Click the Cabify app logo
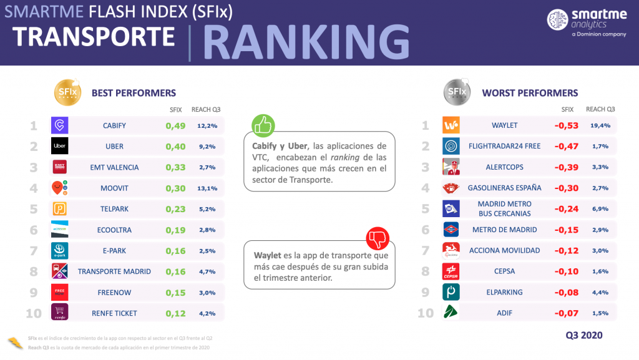click(x=60, y=125)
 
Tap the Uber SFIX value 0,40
click(x=176, y=147)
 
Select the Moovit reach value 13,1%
click(x=207, y=188)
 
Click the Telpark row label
click(x=114, y=210)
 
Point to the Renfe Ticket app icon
click(x=60, y=313)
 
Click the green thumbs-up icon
click(x=263, y=125)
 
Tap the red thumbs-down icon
click(x=378, y=238)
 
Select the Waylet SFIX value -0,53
click(x=567, y=125)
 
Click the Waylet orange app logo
click(x=451, y=125)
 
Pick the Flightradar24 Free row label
click(x=504, y=146)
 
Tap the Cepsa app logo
click(x=451, y=271)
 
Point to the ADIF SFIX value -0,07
click(x=567, y=313)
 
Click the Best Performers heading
click(x=134, y=93)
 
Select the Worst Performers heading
click(x=530, y=93)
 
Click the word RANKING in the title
click(x=306, y=42)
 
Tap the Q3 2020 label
click(x=583, y=335)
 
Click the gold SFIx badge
click(x=67, y=92)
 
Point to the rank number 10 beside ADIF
click(x=425, y=313)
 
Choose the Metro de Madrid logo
click(x=451, y=230)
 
